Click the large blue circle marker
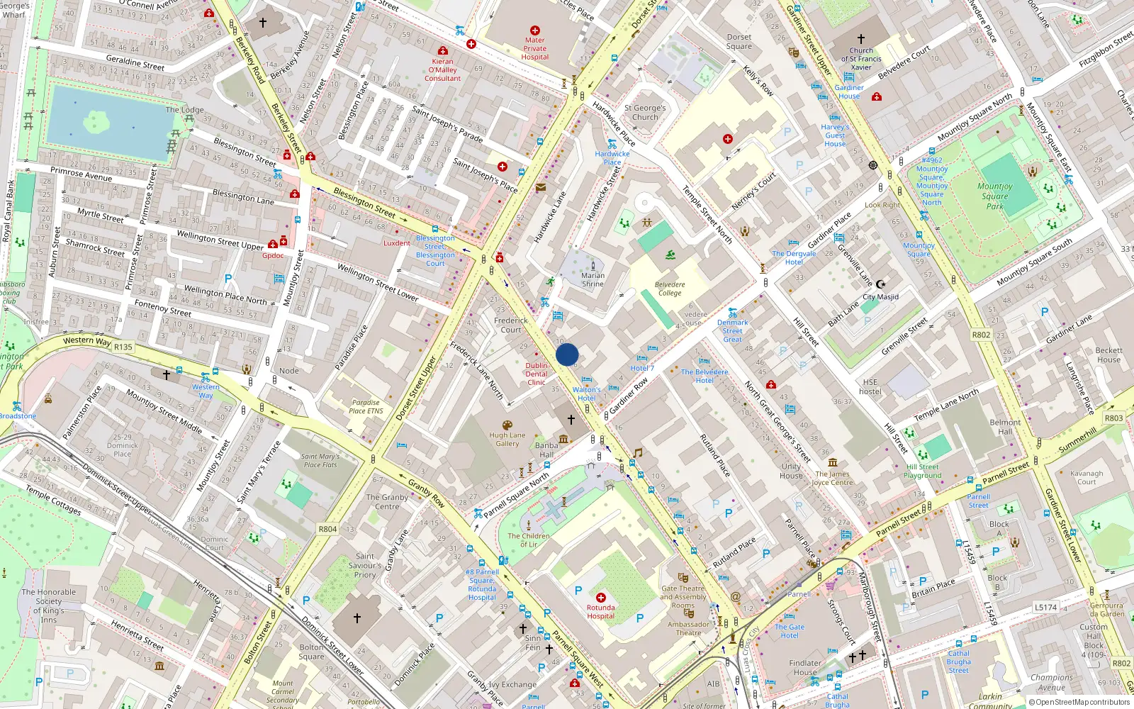click(567, 354)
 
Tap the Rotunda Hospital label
click(600, 612)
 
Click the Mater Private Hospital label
click(535, 48)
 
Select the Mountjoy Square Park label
click(994, 196)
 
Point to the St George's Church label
click(644, 113)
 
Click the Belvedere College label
click(669, 289)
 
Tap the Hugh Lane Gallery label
click(507, 440)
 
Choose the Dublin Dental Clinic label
click(537, 374)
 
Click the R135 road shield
click(123, 347)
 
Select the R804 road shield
click(327, 529)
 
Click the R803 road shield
click(1113, 418)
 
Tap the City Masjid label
click(880, 297)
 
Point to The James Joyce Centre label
click(832, 478)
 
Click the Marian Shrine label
click(593, 279)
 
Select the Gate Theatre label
click(683, 592)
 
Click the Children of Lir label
click(528, 540)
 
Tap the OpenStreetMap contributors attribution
click(1079, 702)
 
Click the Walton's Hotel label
click(586, 393)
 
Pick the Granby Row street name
click(426, 493)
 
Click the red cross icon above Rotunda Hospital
click(601, 598)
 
